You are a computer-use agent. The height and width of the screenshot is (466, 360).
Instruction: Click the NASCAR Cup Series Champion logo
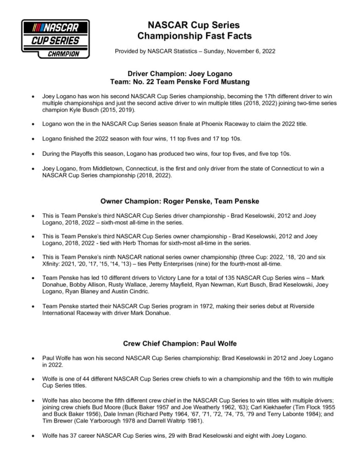pos(55,39)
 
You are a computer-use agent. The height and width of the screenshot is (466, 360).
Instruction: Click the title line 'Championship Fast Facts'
pos(194,35)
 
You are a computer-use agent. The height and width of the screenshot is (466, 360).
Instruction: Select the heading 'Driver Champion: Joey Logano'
pos(180,74)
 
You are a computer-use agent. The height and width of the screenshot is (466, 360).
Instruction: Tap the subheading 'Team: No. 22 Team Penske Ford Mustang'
pos(180,81)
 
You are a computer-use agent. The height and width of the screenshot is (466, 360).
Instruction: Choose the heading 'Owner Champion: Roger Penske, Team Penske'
pos(180,201)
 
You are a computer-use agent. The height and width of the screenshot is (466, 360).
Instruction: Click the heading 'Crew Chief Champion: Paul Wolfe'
pos(180,343)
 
